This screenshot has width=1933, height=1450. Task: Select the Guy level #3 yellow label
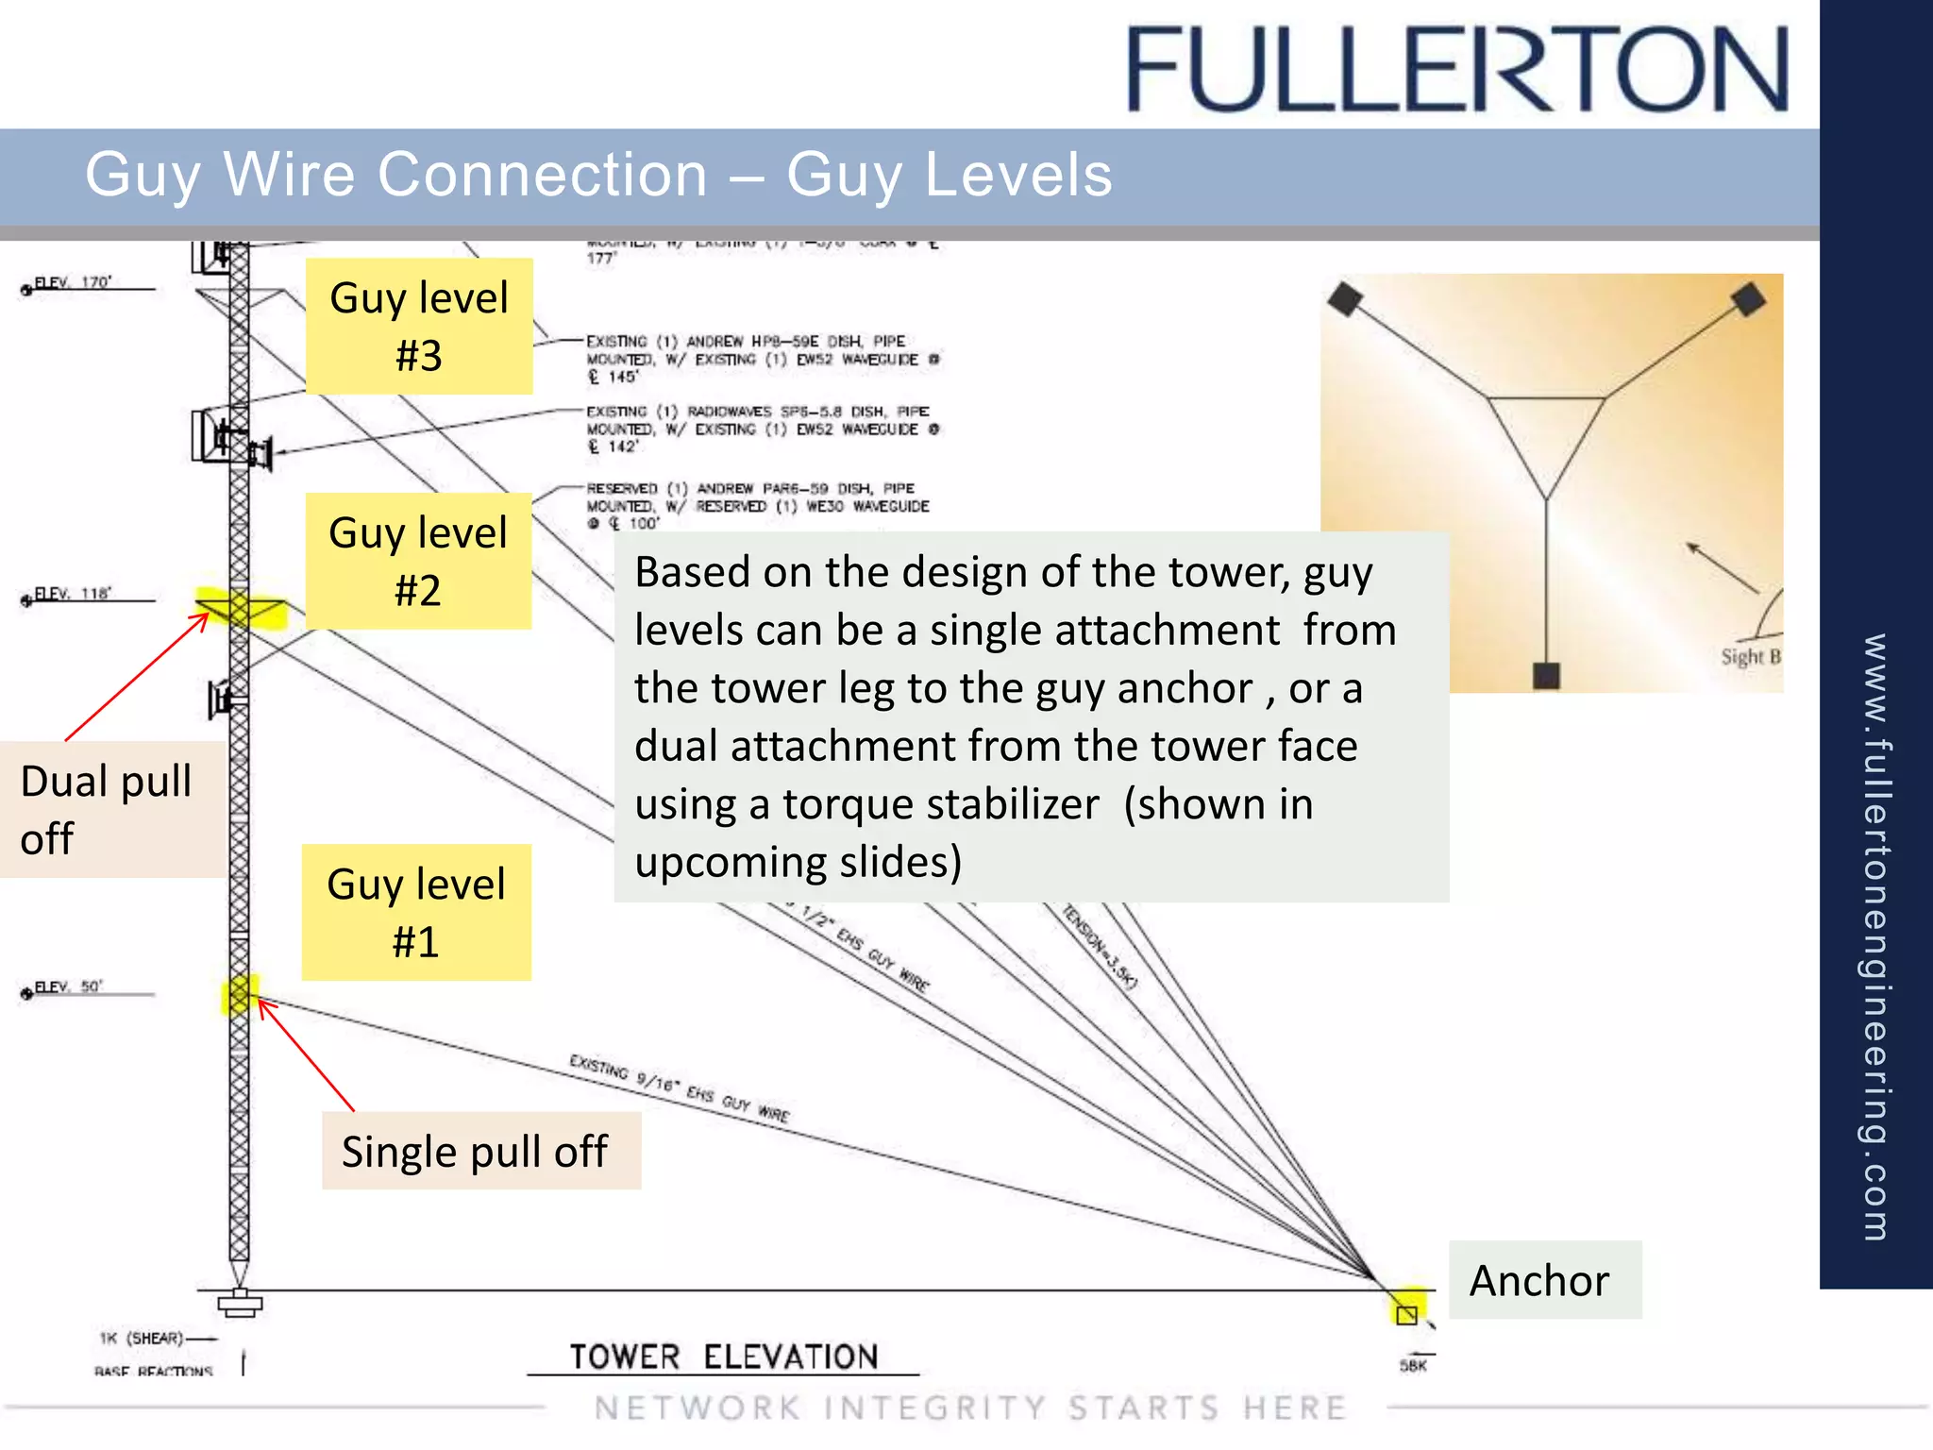click(419, 326)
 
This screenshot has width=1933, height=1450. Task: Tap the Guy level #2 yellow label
click(418, 561)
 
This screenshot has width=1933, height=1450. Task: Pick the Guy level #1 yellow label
click(416, 912)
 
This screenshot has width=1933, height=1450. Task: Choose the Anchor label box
click(1544, 1280)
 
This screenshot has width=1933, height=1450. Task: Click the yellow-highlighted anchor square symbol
click(1406, 1314)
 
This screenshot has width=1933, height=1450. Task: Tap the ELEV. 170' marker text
click(74, 282)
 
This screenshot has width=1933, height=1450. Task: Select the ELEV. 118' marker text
click(74, 594)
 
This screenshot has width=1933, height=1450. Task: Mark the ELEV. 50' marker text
click(69, 987)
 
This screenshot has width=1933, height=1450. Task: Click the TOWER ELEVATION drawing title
click(724, 1357)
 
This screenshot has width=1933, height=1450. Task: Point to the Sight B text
click(1750, 657)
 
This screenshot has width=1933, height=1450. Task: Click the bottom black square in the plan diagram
click(1546, 675)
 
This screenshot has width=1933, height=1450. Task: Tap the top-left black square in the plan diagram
click(1345, 299)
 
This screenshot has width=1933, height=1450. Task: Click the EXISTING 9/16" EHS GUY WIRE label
click(679, 1088)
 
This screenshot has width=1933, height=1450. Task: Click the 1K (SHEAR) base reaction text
click(142, 1339)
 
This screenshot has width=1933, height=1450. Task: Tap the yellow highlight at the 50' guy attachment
click(239, 994)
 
